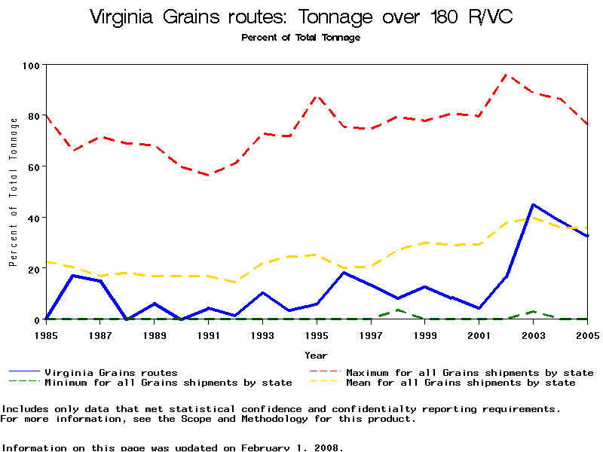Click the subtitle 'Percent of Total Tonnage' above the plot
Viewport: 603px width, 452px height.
point(301,38)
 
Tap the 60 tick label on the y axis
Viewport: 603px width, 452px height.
point(32,166)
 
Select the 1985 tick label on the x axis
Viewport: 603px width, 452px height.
point(46,334)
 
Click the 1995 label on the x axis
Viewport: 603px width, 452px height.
point(317,334)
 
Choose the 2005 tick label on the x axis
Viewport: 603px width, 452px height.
point(586,334)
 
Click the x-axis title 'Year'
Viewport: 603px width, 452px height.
point(316,355)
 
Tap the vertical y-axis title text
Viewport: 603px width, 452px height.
point(13,192)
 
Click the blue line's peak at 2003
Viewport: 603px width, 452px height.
point(533,204)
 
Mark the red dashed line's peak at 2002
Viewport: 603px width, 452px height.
point(506,75)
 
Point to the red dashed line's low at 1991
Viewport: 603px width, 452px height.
point(209,175)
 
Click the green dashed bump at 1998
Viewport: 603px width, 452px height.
point(398,310)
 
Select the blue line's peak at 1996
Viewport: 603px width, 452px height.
point(344,272)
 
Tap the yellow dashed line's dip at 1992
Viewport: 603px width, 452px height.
point(236,282)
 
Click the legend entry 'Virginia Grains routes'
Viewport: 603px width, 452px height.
point(111,372)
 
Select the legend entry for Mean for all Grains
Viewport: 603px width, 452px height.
point(460,383)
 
